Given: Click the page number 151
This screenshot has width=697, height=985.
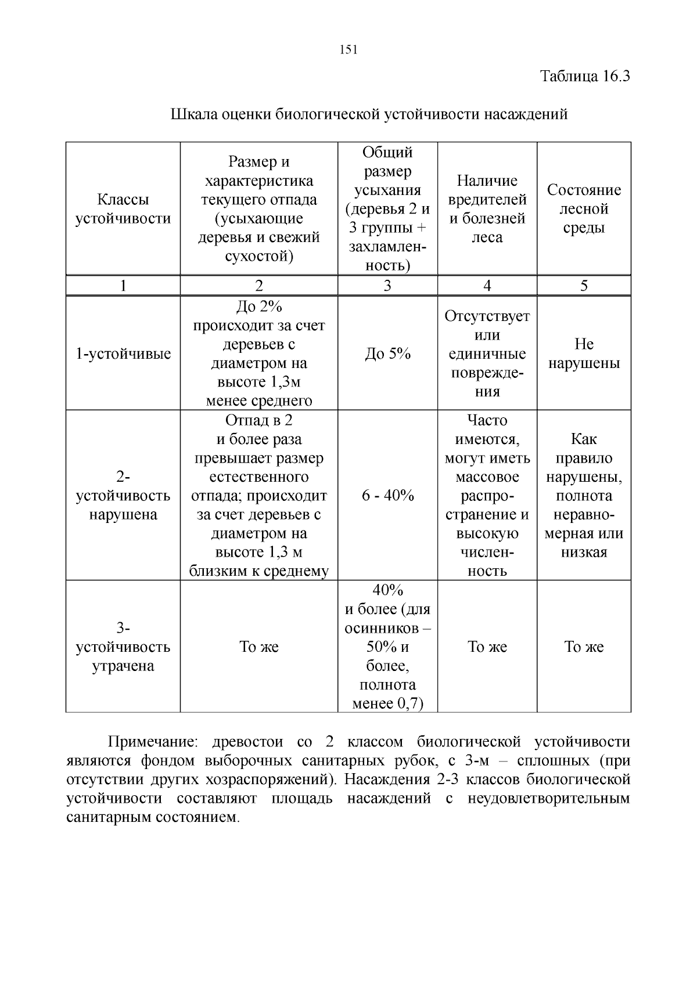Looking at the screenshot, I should tap(348, 50).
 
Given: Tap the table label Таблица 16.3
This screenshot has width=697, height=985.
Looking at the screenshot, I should tap(585, 76).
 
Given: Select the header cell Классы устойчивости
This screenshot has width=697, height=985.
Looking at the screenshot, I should tap(123, 209).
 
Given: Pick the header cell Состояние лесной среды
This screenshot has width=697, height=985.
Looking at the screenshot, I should tap(584, 208).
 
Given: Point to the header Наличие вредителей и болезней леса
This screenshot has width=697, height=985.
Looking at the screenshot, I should tap(487, 209).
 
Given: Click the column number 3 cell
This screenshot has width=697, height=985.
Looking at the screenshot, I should tap(387, 285).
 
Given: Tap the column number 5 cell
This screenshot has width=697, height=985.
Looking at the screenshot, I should tap(584, 285).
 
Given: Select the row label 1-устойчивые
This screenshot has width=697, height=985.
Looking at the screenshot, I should tap(123, 353).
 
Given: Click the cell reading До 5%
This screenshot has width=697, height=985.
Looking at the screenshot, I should tap(387, 353).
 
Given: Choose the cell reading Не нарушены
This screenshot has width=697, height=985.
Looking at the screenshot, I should tap(584, 353).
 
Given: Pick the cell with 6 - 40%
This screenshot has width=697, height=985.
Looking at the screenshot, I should tap(387, 495).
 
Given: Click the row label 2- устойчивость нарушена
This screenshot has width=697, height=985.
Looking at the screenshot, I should tap(123, 496).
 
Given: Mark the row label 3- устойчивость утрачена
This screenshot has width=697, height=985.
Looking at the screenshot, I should tap(123, 647).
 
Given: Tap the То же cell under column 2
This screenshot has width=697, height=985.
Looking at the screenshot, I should tap(259, 647).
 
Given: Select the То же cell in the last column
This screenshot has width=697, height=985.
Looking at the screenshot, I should tap(584, 647).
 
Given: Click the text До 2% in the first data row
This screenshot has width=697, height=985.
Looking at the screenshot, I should tap(259, 306).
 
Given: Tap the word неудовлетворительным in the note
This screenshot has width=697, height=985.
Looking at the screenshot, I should tap(545, 798).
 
